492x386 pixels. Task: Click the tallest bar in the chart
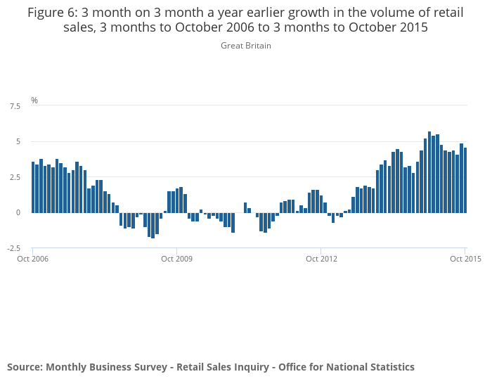point(429,172)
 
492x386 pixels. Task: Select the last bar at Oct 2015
point(465,180)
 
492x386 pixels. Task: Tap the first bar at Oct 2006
point(33,187)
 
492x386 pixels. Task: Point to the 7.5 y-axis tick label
point(15,106)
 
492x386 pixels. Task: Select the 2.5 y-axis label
point(15,177)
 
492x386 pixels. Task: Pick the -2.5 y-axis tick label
point(14,248)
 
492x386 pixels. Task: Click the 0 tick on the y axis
point(18,212)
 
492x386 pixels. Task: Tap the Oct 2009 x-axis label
point(176,259)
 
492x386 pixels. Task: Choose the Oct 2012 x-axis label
point(321,259)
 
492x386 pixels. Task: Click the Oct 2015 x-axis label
point(465,259)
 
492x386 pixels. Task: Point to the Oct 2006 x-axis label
point(32,259)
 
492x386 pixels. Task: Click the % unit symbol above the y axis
point(34,101)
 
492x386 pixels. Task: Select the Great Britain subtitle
point(246,46)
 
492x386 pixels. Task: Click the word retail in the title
point(449,13)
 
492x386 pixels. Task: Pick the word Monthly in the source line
point(65,367)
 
